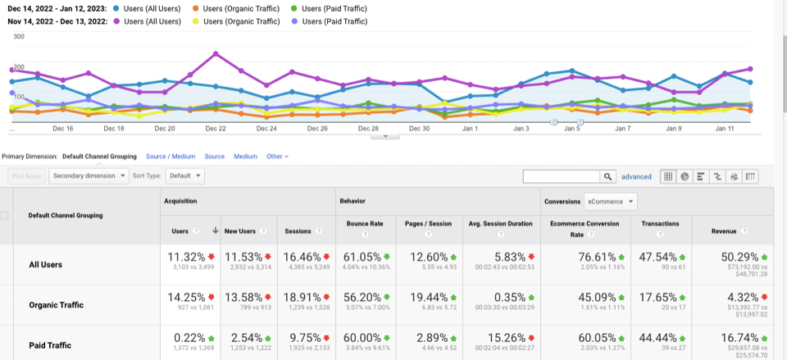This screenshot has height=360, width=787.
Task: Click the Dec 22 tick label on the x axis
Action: click(216, 129)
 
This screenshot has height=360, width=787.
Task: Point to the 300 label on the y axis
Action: click(18, 37)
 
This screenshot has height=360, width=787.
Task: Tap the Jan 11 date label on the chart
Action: click(724, 129)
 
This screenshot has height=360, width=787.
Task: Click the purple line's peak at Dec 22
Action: click(216, 54)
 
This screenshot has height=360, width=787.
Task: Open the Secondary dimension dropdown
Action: click(89, 175)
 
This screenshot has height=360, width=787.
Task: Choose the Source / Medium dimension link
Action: click(171, 156)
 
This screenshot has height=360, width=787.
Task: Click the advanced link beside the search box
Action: click(635, 176)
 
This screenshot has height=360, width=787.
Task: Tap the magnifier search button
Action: click(607, 176)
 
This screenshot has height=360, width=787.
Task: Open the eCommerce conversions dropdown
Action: click(609, 201)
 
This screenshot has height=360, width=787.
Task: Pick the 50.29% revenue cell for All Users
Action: click(736, 257)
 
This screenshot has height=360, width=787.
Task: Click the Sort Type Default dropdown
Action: click(185, 175)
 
